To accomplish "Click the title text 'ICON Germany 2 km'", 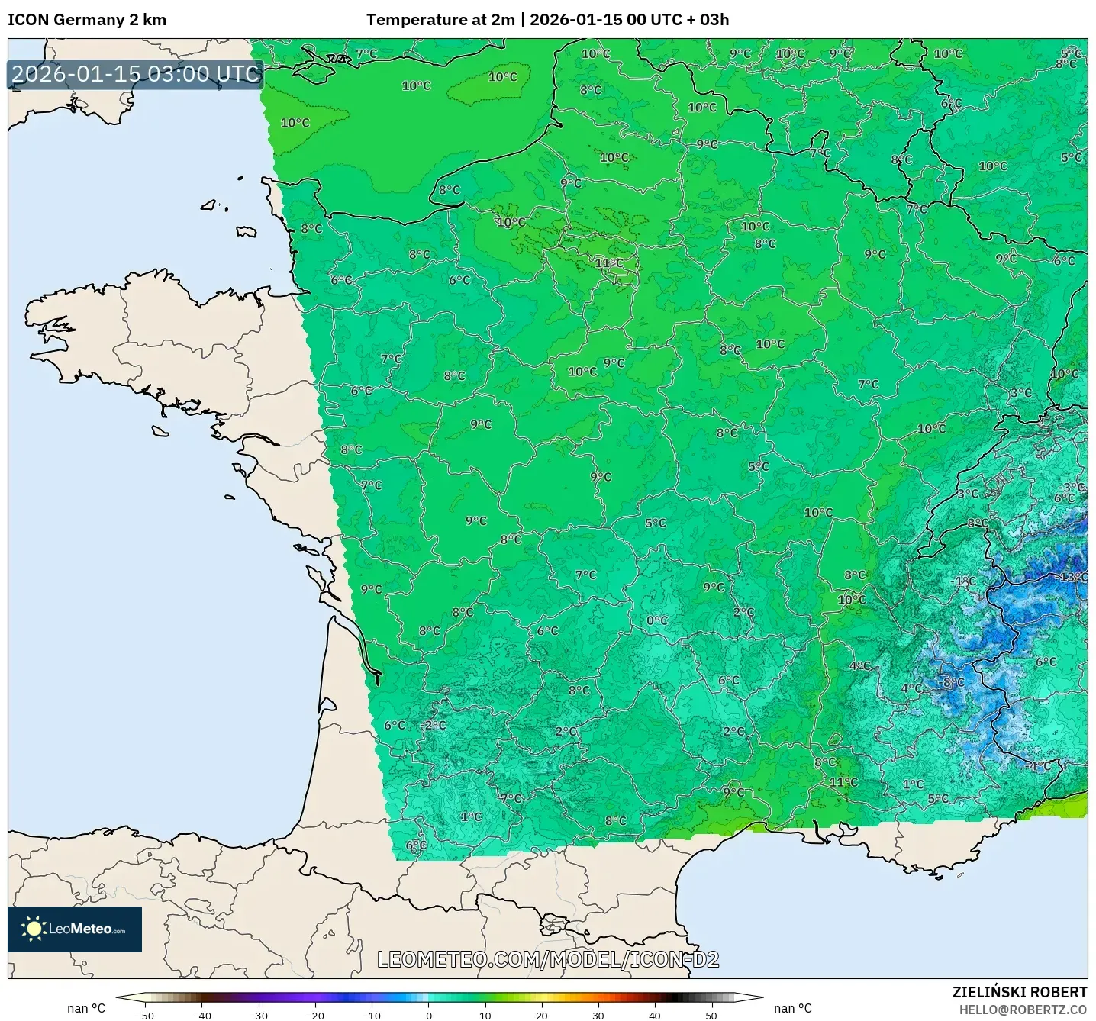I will click(87, 20).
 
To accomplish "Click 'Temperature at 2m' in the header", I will click(440, 20).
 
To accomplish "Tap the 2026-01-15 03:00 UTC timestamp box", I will click(136, 74).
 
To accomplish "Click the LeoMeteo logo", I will click(75, 929).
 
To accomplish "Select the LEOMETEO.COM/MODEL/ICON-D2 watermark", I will click(548, 959).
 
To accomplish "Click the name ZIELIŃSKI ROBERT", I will click(1019, 992).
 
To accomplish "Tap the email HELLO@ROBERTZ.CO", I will click(1022, 1010).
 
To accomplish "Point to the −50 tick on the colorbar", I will click(145, 1015).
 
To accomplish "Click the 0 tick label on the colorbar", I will click(429, 1015).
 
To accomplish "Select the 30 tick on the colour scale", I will click(598, 1015).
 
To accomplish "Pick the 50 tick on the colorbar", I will click(711, 1015).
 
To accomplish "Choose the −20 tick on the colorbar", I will click(315, 1015).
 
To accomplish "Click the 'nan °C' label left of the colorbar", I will click(86, 1008).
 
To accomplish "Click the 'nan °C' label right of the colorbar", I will click(793, 1008).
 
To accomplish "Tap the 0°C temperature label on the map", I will click(657, 620).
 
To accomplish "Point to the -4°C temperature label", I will click(1038, 765).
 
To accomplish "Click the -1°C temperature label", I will click(964, 581).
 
